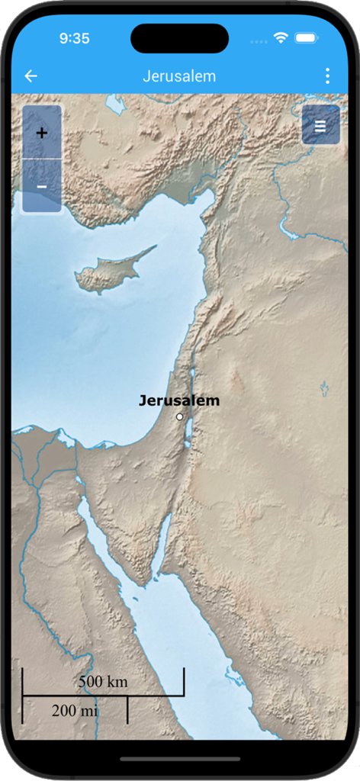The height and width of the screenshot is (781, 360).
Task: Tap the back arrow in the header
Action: (31, 76)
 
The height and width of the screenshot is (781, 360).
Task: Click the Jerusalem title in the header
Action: (179, 76)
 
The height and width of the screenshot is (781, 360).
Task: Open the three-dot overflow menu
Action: (327, 76)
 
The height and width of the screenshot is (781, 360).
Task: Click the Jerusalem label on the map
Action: (179, 400)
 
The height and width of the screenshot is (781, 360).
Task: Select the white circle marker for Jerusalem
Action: (180, 416)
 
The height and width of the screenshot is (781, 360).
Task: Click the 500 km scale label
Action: (103, 682)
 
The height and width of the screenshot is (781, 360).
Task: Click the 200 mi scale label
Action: (75, 711)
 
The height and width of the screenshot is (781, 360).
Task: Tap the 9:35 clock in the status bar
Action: (74, 38)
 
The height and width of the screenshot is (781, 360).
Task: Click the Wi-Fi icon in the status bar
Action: (281, 37)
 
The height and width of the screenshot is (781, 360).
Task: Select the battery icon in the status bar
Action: (307, 37)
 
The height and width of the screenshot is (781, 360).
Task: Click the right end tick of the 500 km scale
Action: (184, 681)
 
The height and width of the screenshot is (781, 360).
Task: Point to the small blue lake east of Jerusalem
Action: (325, 390)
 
